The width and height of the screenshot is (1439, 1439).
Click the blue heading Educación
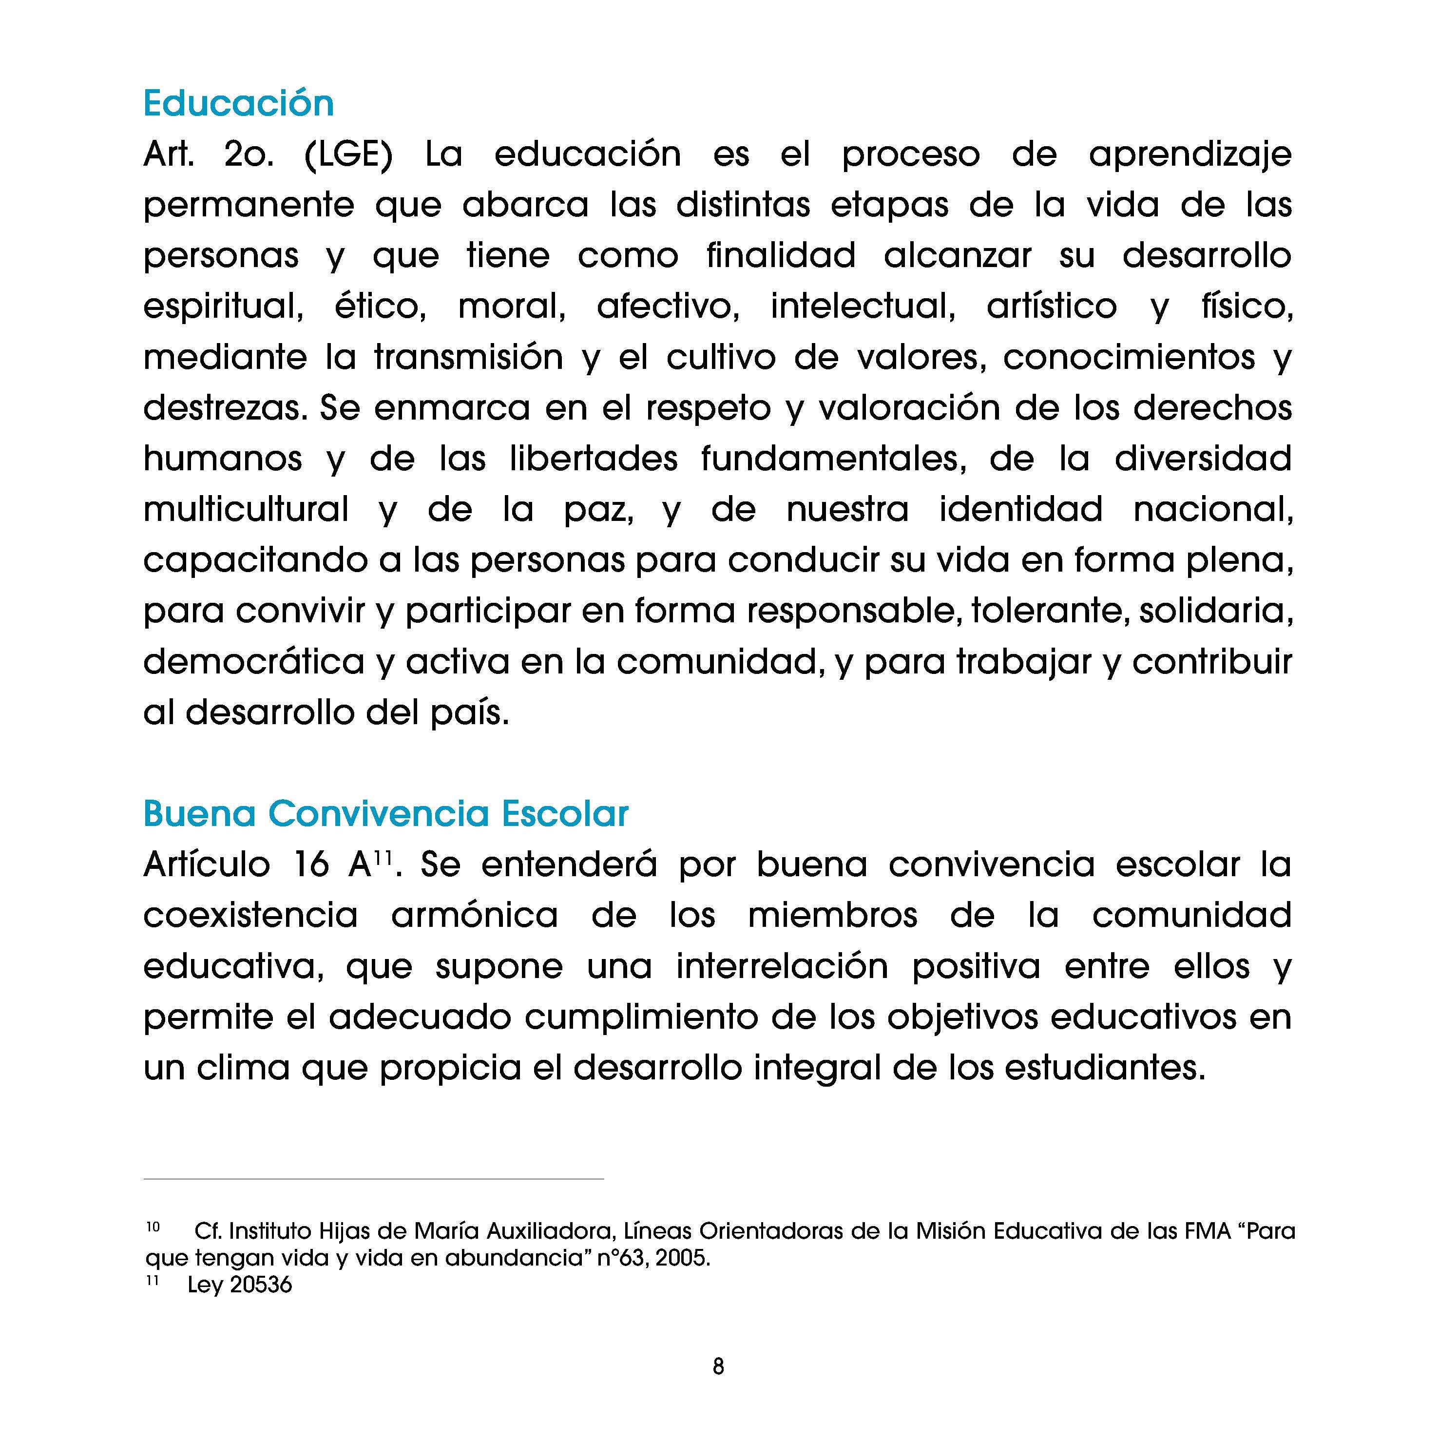point(238,103)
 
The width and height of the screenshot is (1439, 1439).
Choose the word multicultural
point(246,509)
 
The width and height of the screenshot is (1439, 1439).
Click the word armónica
point(475,915)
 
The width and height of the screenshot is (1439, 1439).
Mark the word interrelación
point(782,967)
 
